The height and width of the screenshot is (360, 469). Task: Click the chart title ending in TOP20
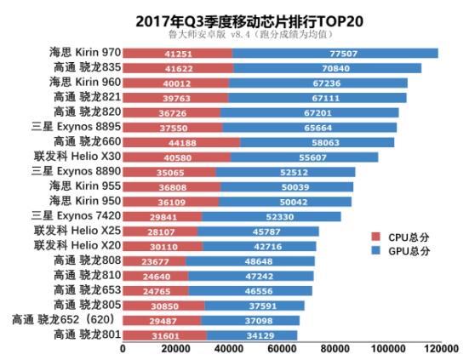click(x=249, y=21)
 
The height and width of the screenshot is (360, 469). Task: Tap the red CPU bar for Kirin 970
click(x=178, y=54)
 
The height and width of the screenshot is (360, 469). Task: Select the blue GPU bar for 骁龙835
click(x=327, y=68)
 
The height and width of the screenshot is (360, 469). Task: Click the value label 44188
click(x=182, y=143)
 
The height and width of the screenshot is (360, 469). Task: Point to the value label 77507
click(x=344, y=54)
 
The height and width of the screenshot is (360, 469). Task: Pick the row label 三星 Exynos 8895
click(x=76, y=127)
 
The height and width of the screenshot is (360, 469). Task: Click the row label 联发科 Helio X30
click(x=77, y=156)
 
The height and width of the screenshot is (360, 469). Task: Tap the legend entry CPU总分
click(x=400, y=237)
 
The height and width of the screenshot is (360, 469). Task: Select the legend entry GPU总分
click(x=400, y=250)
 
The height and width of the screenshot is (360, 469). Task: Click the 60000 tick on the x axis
click(x=282, y=349)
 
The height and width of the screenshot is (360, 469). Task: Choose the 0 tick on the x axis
click(x=123, y=349)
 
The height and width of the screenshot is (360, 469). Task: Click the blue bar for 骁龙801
click(x=252, y=335)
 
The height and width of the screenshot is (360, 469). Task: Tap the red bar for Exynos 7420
click(x=163, y=216)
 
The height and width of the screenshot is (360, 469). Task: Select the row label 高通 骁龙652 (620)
click(x=63, y=320)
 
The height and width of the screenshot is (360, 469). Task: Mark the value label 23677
click(x=155, y=261)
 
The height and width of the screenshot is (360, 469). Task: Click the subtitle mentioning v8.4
click(x=250, y=34)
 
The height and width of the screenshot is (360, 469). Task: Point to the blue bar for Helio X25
click(x=258, y=231)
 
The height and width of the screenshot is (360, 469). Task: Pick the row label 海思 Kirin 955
click(x=85, y=186)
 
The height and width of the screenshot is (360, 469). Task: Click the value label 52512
click(x=294, y=173)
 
